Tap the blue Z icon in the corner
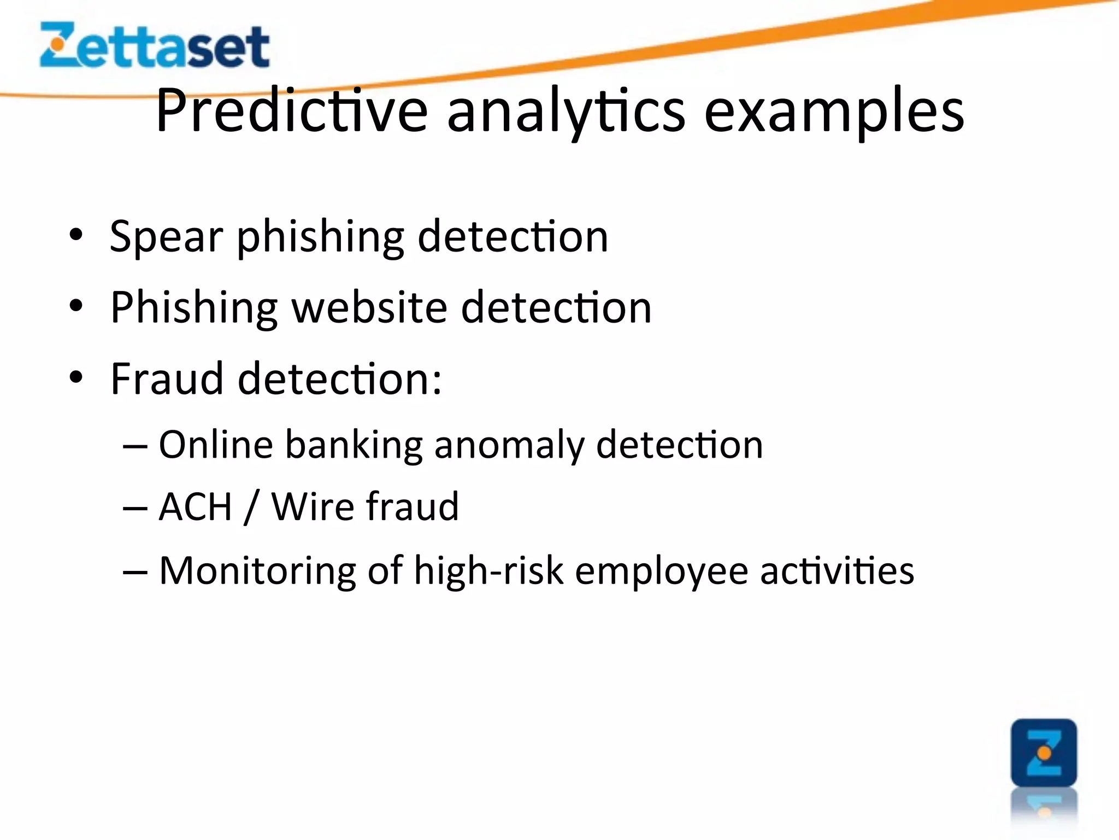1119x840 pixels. (x=1044, y=752)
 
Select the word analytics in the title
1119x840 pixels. (x=566, y=112)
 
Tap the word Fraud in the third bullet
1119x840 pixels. (x=167, y=378)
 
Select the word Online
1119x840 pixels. (x=215, y=444)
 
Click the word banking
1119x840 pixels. (x=354, y=445)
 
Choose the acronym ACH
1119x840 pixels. (x=196, y=507)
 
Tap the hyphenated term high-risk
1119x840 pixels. (x=488, y=571)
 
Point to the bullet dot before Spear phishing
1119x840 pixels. (x=76, y=236)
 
